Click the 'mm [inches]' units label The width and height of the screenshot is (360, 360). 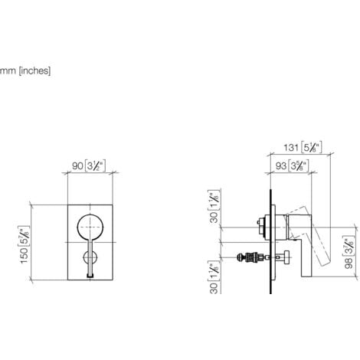(x=26, y=71)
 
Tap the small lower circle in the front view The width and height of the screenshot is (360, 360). (x=91, y=257)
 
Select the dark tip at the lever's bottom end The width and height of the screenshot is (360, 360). (x=91, y=272)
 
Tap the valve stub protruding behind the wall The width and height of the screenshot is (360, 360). (x=261, y=226)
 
